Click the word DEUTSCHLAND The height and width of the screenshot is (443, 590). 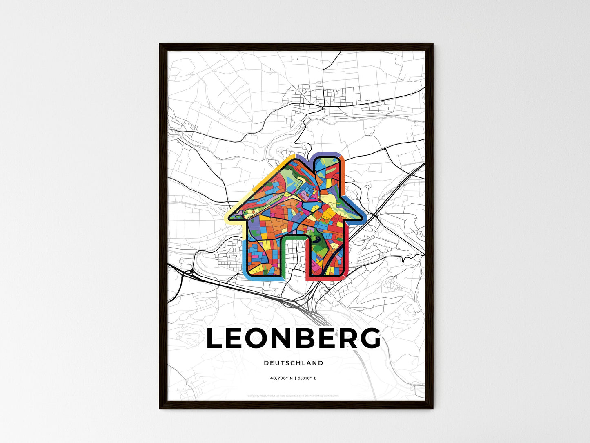(293, 363)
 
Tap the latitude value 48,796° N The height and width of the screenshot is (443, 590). (281, 378)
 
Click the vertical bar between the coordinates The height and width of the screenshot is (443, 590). (294, 378)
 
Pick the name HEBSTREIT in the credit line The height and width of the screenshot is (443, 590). (267, 396)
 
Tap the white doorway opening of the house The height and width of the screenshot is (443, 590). (293, 257)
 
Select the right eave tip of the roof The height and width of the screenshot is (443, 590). (363, 217)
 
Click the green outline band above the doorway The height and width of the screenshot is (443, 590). (293, 237)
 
